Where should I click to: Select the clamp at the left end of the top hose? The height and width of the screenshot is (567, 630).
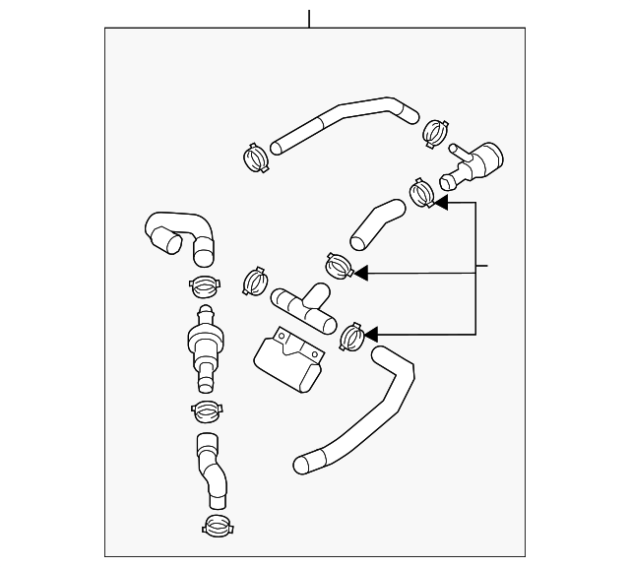pyautogui.click(x=255, y=156)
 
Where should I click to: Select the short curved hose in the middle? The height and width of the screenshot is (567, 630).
pyautogui.click(x=376, y=223)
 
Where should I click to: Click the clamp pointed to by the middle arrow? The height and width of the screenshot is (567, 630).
pyautogui.click(x=338, y=267)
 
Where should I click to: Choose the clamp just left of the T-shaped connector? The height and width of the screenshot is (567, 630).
pyautogui.click(x=255, y=280)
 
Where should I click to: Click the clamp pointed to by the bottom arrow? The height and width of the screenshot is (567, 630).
pyautogui.click(x=351, y=338)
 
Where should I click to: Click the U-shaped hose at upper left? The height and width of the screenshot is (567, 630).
pyautogui.click(x=182, y=236)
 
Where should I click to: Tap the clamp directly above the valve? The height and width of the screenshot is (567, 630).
pyautogui.click(x=205, y=287)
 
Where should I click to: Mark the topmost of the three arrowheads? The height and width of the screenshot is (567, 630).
pyautogui.click(x=440, y=202)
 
